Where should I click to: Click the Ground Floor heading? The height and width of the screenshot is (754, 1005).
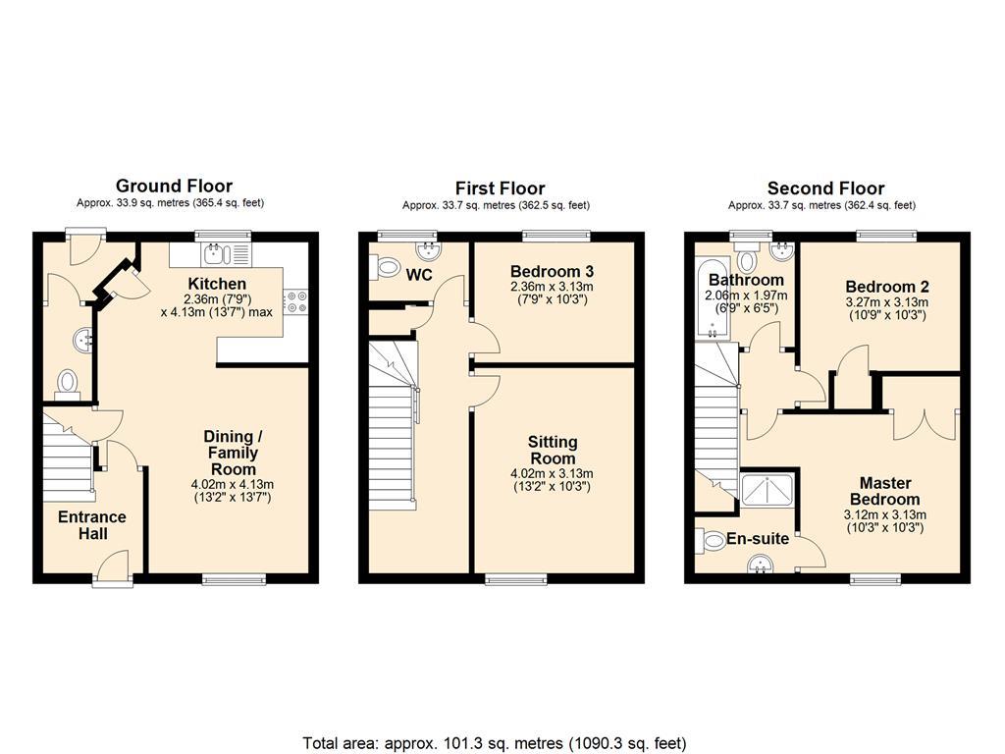click(x=174, y=186)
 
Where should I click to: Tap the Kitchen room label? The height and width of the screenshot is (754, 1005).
click(x=217, y=284)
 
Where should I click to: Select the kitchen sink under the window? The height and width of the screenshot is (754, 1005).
click(x=226, y=255)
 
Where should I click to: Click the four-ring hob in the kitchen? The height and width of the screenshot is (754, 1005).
click(x=296, y=302)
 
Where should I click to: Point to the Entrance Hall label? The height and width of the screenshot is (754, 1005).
click(x=92, y=525)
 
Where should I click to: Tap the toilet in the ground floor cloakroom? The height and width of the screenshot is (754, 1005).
click(x=68, y=385)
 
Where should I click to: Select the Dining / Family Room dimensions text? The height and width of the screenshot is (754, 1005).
click(x=232, y=491)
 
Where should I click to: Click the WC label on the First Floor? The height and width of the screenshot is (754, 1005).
click(x=419, y=275)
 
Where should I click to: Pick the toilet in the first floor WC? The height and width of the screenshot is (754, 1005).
click(x=384, y=267)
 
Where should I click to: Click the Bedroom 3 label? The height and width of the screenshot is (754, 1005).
click(x=552, y=271)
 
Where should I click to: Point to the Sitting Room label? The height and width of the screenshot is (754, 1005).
click(x=552, y=450)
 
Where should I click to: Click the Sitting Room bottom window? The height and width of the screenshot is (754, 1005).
click(x=516, y=579)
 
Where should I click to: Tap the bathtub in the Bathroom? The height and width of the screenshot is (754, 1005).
click(x=713, y=299)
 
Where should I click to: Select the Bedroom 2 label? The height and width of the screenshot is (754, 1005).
click(x=887, y=287)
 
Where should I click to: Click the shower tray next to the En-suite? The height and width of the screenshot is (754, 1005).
click(x=767, y=488)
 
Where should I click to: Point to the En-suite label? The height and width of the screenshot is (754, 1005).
click(x=757, y=539)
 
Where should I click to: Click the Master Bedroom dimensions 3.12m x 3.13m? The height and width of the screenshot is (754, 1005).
click(x=884, y=514)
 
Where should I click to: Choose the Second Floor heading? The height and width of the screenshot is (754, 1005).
click(x=825, y=188)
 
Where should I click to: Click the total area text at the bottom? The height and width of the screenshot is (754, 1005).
click(x=495, y=743)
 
